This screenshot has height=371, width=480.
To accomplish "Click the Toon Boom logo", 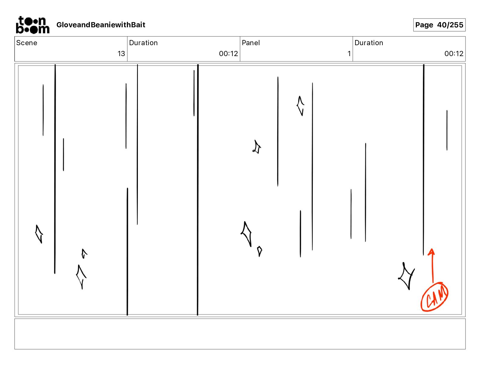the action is pos(32,25).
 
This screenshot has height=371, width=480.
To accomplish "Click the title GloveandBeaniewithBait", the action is pos(101,25).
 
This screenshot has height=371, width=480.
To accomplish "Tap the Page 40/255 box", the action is pos(439,25).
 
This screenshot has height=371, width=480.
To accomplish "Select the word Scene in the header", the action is pos(27,43).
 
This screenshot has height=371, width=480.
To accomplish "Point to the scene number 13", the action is pos(121,54).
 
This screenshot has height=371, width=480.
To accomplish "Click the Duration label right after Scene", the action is pos(143,43).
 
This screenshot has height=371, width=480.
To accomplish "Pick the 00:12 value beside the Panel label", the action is pos(228,54).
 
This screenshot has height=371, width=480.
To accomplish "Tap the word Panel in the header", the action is pos(251,43).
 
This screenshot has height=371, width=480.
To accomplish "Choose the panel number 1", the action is pos(349,54).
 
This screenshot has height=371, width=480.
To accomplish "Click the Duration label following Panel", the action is pos(369,43).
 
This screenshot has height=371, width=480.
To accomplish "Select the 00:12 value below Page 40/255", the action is pos(454,54).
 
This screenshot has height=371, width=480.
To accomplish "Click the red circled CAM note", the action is pos(434,297).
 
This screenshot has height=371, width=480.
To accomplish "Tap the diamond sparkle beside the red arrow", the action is pos(406,276).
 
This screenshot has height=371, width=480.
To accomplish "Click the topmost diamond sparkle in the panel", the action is pos(300,106).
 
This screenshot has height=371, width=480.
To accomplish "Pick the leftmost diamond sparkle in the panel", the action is pos(39,234).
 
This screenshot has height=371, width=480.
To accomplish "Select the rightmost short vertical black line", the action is pos(447,130).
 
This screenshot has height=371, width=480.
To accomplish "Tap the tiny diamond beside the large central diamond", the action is pos(259,251).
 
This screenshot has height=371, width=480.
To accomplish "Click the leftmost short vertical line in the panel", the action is pos(43,110).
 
